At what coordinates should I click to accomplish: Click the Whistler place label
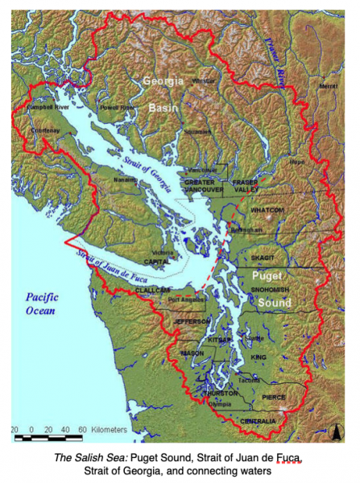tap(205, 80)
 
